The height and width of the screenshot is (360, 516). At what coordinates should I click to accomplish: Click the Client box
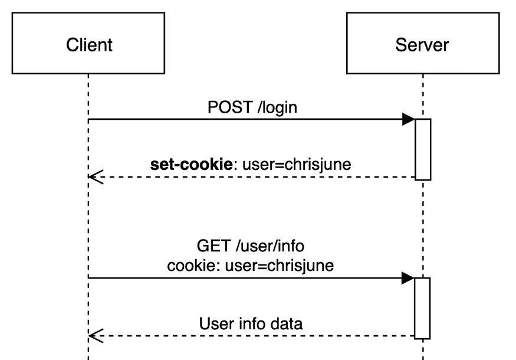pos(88,44)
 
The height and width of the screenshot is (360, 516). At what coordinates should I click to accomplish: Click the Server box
pos(423,44)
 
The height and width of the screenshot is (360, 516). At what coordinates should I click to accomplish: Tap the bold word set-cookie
pos(192,165)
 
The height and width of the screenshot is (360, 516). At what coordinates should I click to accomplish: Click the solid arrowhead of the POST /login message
pos(409,119)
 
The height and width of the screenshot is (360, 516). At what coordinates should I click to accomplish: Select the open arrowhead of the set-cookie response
pos(96,177)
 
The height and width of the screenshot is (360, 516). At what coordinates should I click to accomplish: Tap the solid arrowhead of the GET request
pos(409,278)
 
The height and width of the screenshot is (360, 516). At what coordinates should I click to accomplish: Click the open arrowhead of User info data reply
pos(96,336)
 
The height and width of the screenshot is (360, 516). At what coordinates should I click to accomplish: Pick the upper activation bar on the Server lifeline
pos(423,149)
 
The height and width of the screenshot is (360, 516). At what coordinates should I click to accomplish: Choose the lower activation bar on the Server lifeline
pos(423,307)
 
